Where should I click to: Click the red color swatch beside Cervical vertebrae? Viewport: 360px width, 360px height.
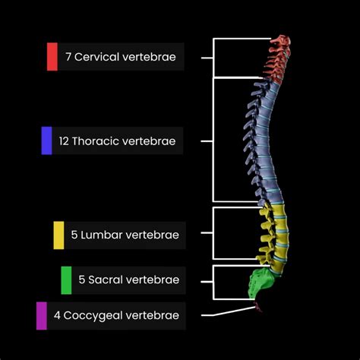coord(52,56)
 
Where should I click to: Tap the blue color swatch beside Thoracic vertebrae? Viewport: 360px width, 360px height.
coord(46,141)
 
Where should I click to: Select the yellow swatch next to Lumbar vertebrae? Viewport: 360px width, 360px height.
coord(58,235)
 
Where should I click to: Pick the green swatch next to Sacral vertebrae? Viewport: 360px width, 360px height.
coord(66,280)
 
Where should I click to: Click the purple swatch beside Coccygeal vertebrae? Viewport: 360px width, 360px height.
coord(41,315)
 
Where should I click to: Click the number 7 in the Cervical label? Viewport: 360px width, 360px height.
coord(68,57)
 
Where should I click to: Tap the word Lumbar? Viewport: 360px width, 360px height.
coord(100,235)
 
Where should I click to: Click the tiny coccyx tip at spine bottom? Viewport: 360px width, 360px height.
coord(259,308)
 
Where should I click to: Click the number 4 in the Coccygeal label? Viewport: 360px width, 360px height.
coord(57,315)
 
